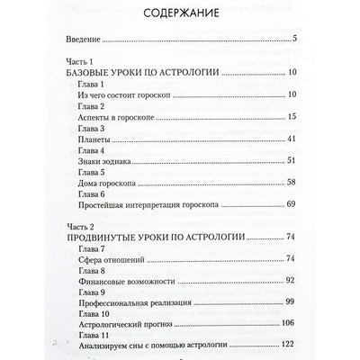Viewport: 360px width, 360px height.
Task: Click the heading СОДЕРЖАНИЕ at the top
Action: pos(179,16)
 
